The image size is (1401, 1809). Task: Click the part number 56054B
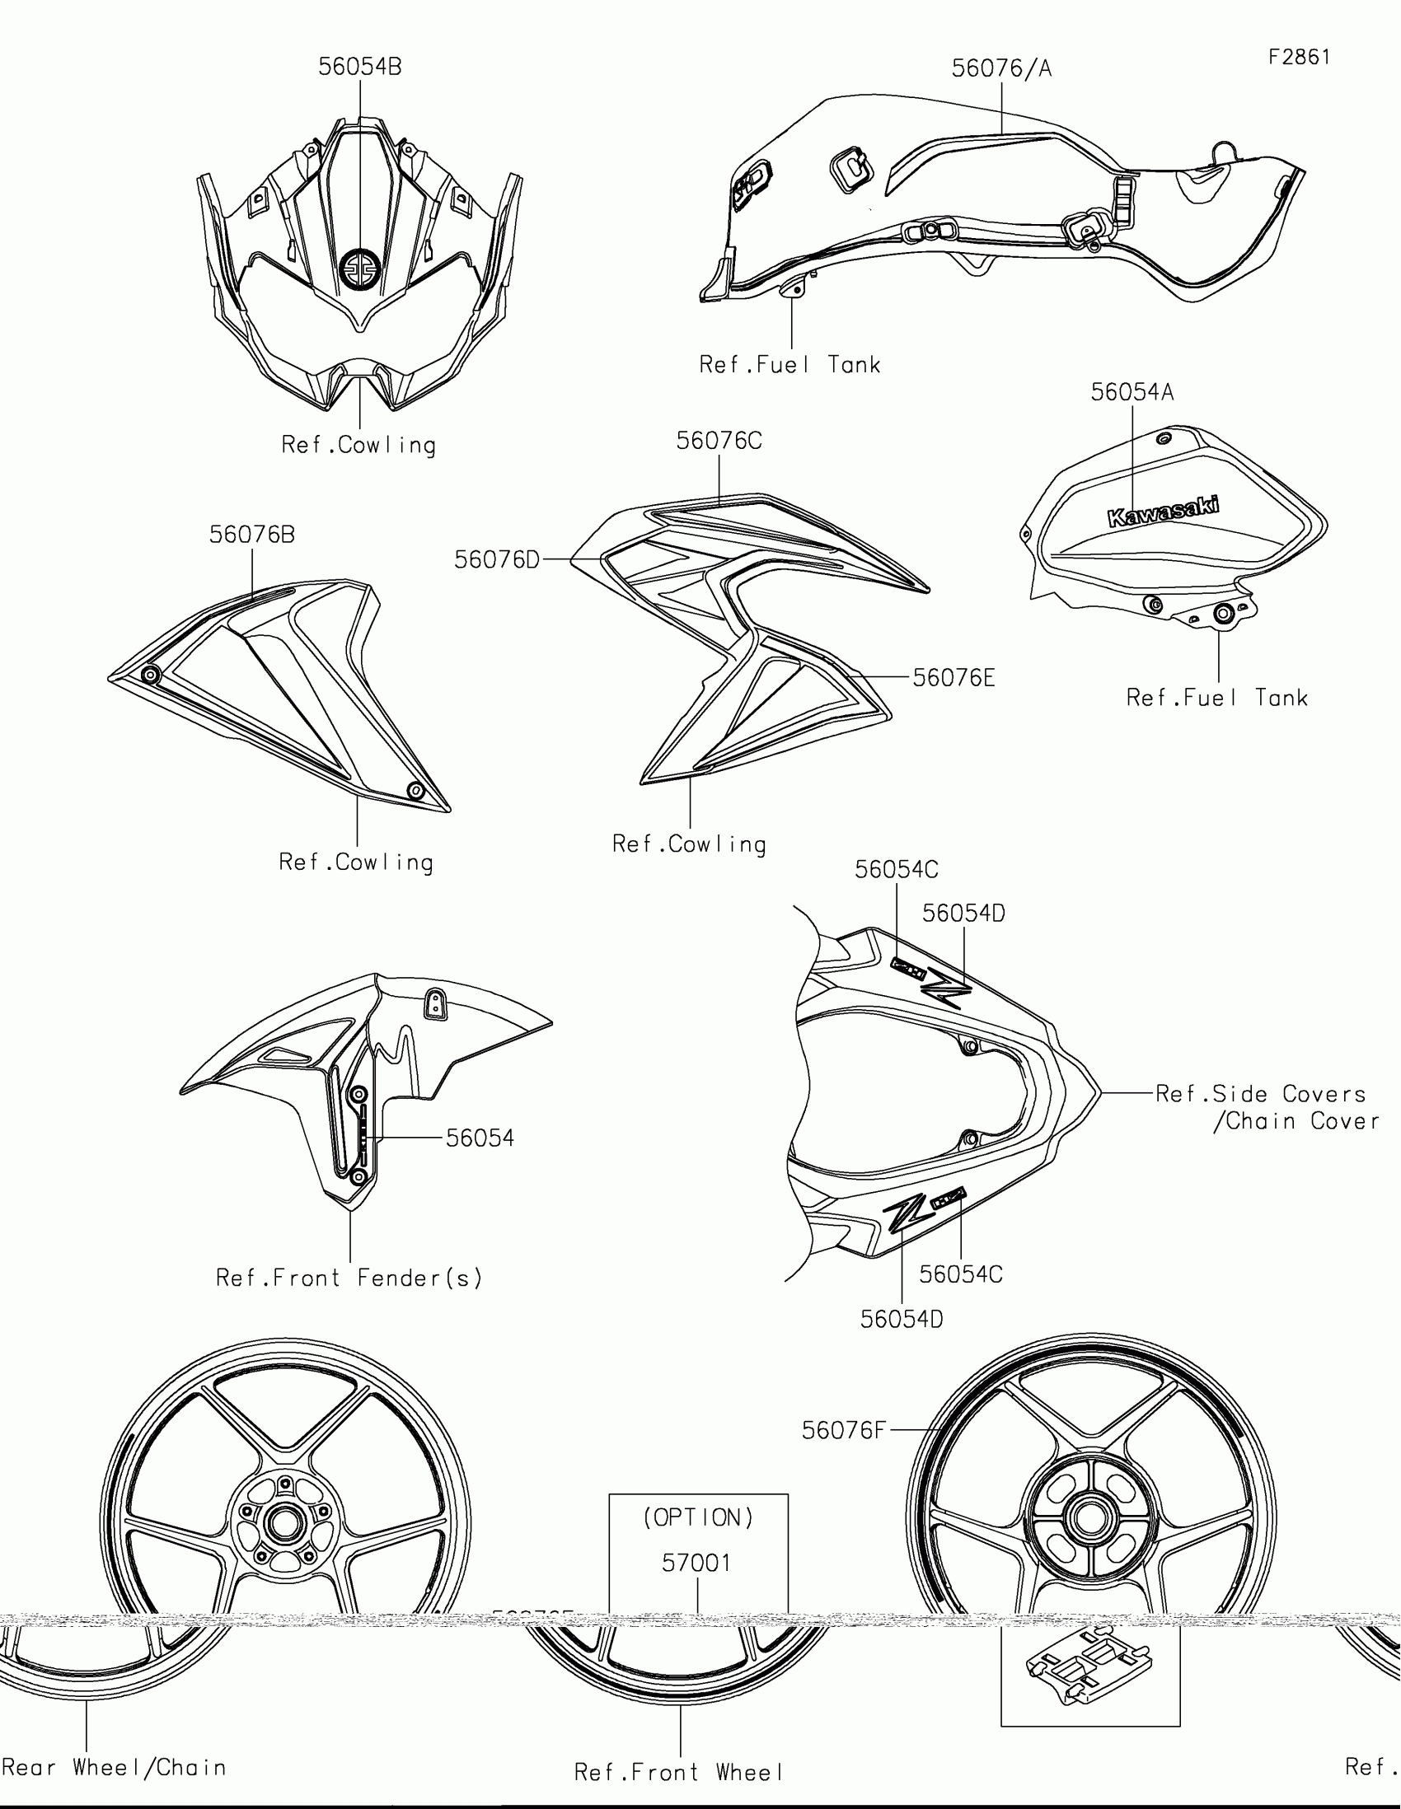[x=359, y=67]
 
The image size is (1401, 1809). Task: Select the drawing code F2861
[x=1299, y=57]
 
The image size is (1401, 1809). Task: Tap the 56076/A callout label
[x=1000, y=68]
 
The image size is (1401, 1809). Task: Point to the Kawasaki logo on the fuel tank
[x=1163, y=511]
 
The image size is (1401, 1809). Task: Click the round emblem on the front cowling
[x=360, y=268]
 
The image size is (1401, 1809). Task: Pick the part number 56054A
[x=1132, y=392]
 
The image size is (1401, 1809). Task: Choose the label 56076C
[x=719, y=441]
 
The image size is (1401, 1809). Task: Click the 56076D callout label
[x=497, y=560]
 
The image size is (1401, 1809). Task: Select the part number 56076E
[x=954, y=679]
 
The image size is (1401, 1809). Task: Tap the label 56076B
[x=252, y=535]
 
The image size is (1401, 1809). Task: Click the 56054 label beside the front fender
[x=480, y=1138]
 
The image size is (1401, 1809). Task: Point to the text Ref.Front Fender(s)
[x=349, y=1278]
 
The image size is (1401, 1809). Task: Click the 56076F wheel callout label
[x=843, y=1429]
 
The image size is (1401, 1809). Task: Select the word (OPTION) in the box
[x=698, y=1517]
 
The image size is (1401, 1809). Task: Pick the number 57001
[x=696, y=1563]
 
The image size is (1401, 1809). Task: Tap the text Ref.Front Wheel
[x=678, y=1772]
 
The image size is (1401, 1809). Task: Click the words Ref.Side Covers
[x=1260, y=1093]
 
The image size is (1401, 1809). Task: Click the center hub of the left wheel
[x=284, y=1522]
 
